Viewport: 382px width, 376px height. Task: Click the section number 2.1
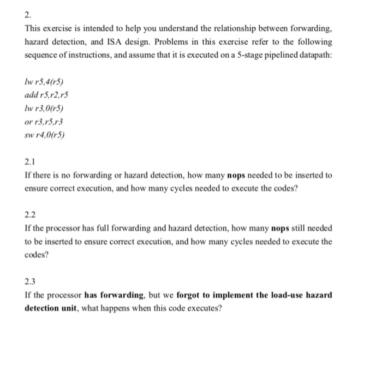[x=30, y=162]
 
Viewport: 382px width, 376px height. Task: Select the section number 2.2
[x=30, y=214]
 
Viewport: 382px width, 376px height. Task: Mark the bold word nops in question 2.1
[x=236, y=175]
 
